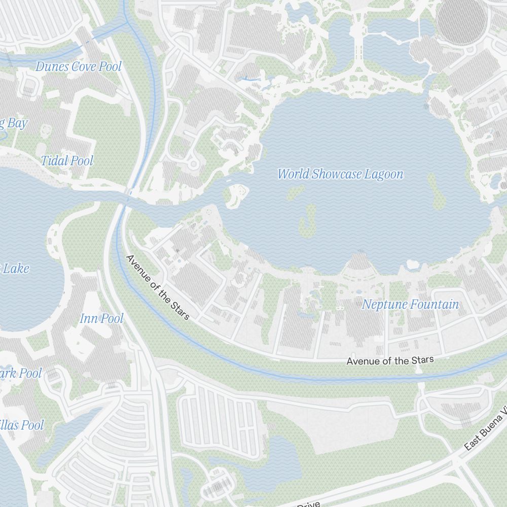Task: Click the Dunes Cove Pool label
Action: click(79, 66)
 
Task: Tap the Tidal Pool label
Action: click(67, 161)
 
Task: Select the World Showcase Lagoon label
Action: click(340, 174)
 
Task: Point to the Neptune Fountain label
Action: click(410, 305)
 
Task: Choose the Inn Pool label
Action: click(101, 318)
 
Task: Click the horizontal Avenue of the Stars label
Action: click(390, 360)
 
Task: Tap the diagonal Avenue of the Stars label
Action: click(157, 287)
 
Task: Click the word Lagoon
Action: click(383, 174)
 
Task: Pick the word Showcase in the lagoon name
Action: click(334, 174)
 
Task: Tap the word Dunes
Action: click(52, 66)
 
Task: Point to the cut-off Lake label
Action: click(15, 268)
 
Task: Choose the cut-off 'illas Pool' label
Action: click(22, 425)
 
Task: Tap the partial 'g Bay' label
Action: click(14, 123)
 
